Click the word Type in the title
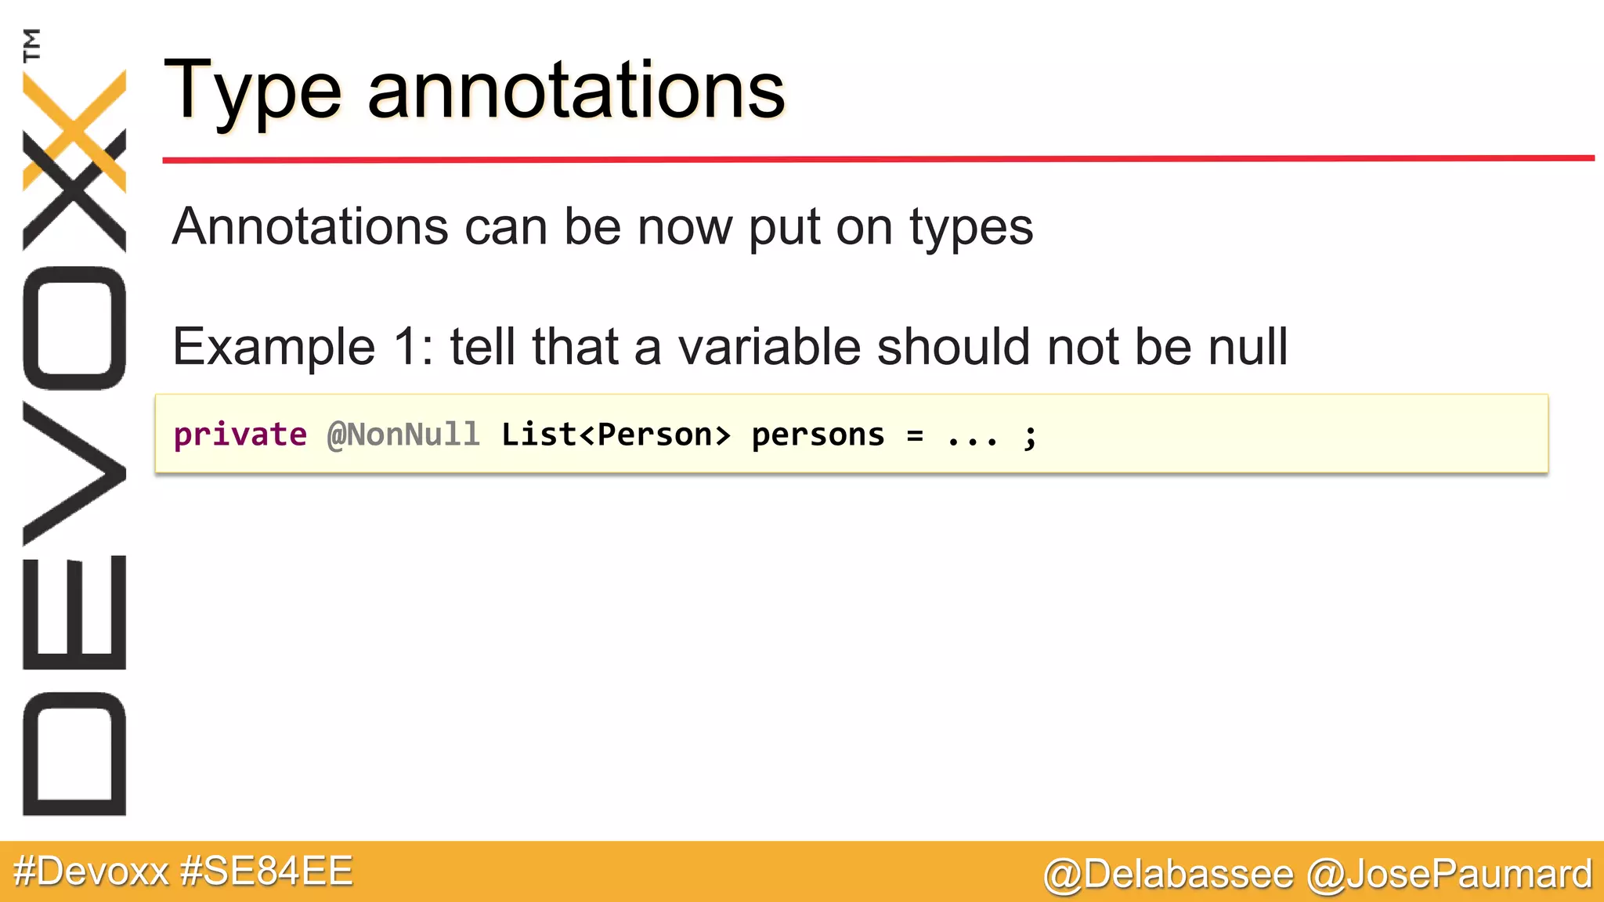252,92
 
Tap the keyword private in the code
240,435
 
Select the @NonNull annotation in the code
403,435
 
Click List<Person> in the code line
616,435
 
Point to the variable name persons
818,435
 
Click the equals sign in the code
915,435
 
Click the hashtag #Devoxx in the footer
91,871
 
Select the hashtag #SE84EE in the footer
266,871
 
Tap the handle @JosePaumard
1450,874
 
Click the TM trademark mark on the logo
32,45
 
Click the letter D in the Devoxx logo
74,753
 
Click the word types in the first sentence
970,228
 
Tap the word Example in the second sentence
273,347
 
